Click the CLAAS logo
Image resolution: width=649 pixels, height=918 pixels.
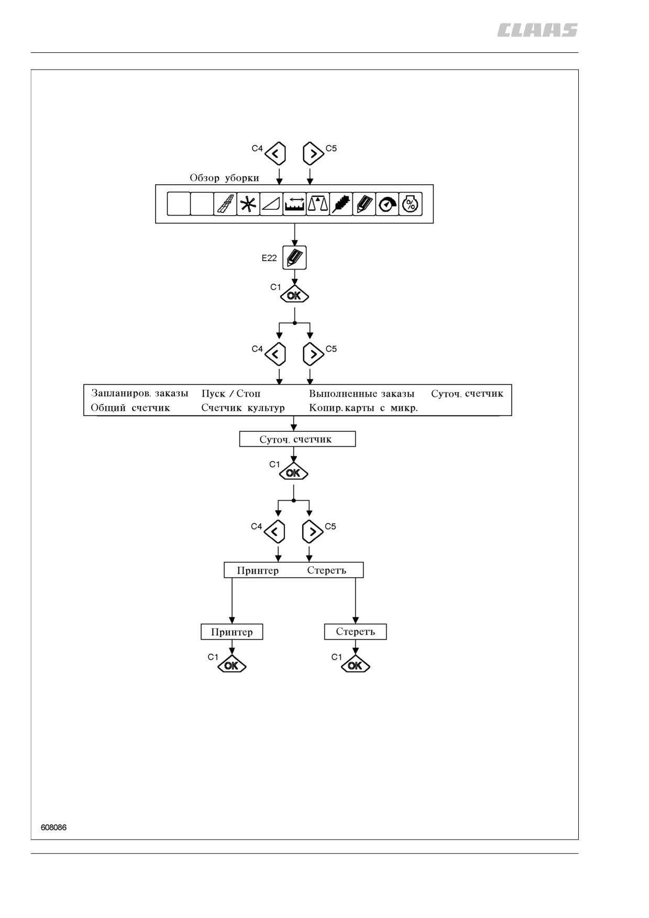tap(537, 30)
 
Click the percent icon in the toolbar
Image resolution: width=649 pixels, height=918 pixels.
tap(410, 204)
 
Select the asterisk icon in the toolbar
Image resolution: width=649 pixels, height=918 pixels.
tap(248, 204)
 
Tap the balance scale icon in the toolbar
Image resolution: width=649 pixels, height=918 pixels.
tap(318, 204)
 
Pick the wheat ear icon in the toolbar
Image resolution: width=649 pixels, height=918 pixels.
tap(341, 204)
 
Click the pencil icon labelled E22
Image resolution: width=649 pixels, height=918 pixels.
tap(294, 258)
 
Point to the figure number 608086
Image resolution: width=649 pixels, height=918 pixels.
tap(53, 827)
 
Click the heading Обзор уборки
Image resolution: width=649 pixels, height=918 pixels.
tap(224, 178)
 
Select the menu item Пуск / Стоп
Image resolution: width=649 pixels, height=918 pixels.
tap(231, 394)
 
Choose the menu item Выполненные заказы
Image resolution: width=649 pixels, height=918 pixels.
tap(361, 394)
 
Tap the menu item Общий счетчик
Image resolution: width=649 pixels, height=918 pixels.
tap(130, 408)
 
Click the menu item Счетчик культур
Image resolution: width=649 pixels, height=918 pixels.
tap(243, 408)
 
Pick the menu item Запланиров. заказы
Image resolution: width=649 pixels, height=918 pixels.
tap(139, 394)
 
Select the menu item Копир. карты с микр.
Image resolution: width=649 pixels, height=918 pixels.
tap(364, 408)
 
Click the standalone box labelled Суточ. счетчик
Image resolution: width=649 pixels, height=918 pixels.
tap(298, 439)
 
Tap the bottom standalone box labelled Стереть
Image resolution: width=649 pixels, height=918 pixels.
tap(356, 632)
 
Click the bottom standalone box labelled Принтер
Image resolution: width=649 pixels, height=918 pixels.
tap(232, 632)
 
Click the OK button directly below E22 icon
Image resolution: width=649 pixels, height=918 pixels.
tap(294, 296)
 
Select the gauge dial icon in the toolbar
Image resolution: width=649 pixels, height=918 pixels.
tap(387, 204)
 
